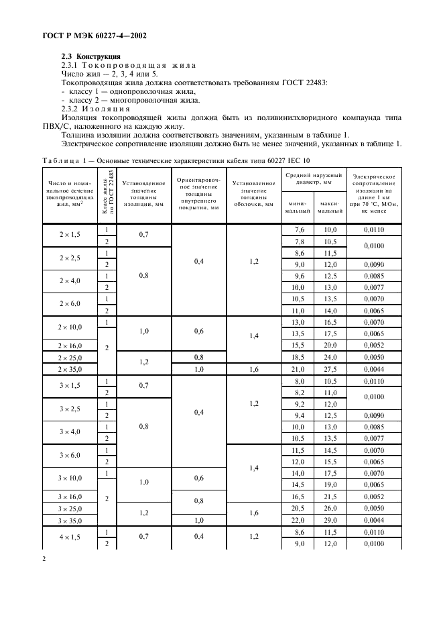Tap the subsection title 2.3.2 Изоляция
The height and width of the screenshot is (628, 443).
pos(92,109)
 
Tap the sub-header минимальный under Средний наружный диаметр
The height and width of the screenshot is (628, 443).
pos(296,207)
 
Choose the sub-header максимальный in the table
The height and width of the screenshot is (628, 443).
pos(330,207)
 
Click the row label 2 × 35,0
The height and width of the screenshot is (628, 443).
pos(70,369)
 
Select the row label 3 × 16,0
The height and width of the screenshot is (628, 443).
pos(70,496)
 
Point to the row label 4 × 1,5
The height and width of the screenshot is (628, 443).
pos(70,537)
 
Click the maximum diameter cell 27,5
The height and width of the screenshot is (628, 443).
pos(330,369)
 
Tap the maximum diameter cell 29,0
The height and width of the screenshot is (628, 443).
pos(330,520)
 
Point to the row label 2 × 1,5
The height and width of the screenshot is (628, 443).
pos(70,235)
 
